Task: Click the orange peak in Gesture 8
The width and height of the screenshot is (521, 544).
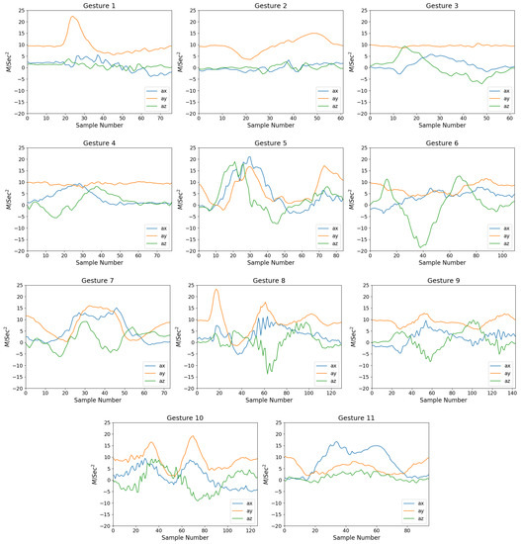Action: click(216, 290)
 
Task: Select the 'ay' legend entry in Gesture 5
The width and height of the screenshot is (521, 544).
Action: click(317, 233)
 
